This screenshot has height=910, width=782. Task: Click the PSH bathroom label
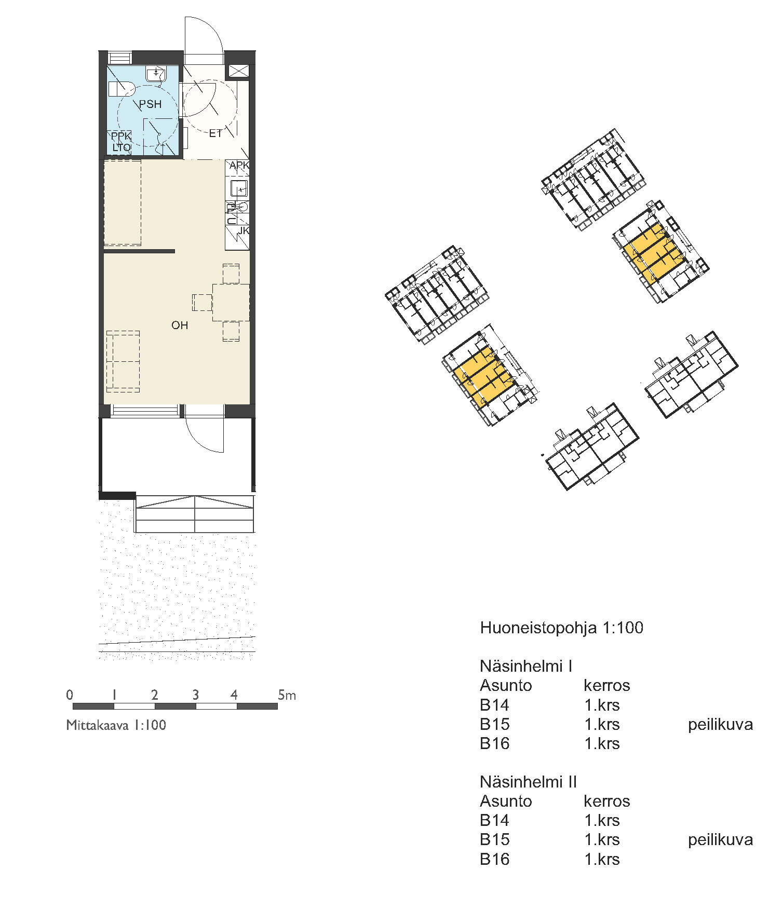(150, 104)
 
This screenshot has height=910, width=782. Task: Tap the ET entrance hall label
(215, 133)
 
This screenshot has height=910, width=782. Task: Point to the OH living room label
(180, 325)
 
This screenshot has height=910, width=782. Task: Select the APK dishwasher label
(239, 166)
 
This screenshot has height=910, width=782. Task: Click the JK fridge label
(244, 230)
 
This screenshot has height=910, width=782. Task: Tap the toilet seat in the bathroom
(122, 89)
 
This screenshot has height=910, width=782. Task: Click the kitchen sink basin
(239, 188)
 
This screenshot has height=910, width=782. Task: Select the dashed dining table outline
(231, 302)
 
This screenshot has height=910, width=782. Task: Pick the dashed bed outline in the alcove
(123, 202)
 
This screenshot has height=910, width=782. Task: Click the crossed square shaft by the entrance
(239, 71)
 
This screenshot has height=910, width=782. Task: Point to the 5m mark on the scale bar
(287, 695)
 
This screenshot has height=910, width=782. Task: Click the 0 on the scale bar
(70, 695)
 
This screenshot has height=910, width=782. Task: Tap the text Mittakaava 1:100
(116, 725)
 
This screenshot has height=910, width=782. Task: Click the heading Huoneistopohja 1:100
(562, 628)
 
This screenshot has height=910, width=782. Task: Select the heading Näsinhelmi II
(529, 782)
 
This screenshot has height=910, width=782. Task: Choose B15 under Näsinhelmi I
(495, 724)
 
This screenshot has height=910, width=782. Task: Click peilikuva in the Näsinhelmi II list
(721, 840)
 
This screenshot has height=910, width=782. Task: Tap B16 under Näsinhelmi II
(495, 859)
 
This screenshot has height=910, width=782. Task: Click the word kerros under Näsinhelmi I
(607, 686)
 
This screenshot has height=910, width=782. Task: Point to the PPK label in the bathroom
(122, 136)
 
